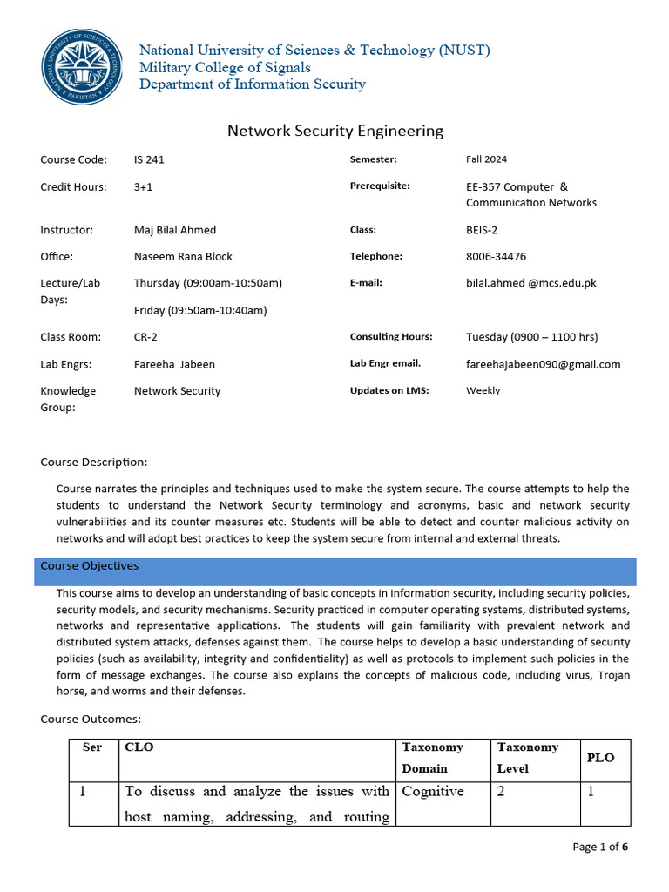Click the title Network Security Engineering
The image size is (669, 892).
pos(335,131)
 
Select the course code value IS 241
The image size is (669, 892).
pos(149,159)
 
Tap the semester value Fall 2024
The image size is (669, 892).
pos(486,159)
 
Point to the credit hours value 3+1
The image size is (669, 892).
pos(143,186)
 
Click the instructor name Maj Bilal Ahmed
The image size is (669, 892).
pos(174,230)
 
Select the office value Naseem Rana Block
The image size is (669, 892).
pos(183,256)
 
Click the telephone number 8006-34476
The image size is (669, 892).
pos(496,256)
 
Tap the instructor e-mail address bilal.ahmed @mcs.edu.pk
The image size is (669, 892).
pos(531,283)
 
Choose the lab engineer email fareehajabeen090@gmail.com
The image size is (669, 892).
pos(543,364)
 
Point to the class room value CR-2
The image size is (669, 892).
pos(146,337)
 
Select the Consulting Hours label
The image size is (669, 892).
pos(390,337)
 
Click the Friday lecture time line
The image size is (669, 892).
pos(200,310)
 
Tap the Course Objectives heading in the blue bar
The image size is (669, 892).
pos(90,566)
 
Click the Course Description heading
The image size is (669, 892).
pos(94,462)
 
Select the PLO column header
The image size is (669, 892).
pos(600,758)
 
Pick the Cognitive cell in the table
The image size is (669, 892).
pos(433,792)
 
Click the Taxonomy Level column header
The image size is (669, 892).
pos(528,758)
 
